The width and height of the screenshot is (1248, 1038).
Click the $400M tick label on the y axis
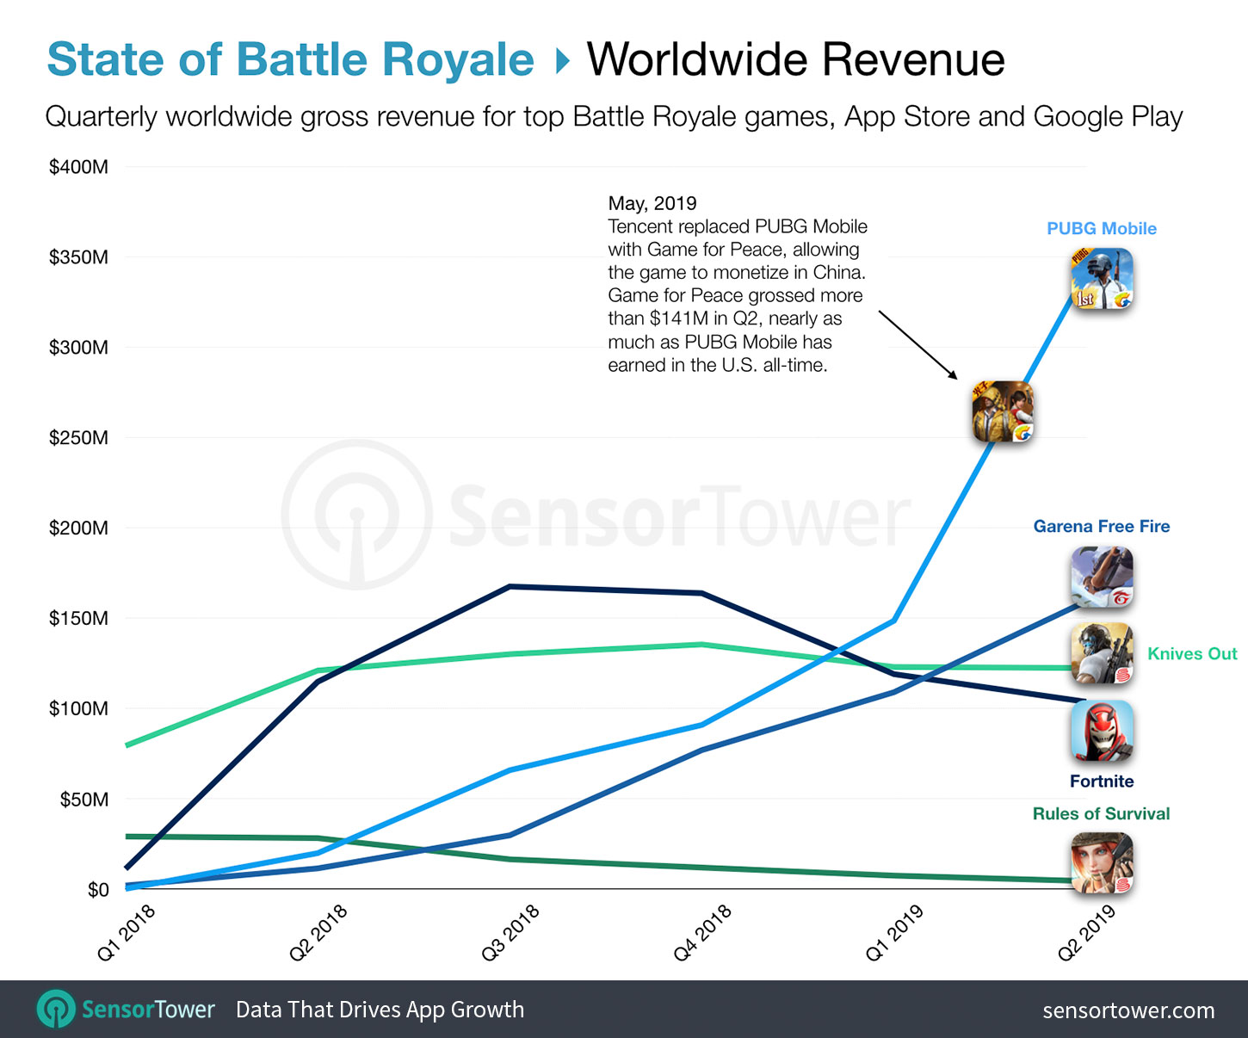pyautogui.click(x=78, y=167)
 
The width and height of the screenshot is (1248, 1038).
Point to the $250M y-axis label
pyautogui.click(x=78, y=437)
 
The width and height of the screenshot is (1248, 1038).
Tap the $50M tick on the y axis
pyautogui.click(x=83, y=799)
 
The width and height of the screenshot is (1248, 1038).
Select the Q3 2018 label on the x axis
pyautogui.click(x=510, y=932)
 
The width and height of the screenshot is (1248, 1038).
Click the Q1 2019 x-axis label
pyautogui.click(x=894, y=932)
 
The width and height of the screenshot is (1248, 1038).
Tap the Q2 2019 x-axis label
pyautogui.click(x=1086, y=932)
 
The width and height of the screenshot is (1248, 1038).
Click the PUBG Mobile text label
pyautogui.click(x=1101, y=229)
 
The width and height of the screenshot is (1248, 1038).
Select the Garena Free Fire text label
pyautogui.click(x=1101, y=526)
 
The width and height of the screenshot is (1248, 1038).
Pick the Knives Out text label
pyautogui.click(x=1192, y=653)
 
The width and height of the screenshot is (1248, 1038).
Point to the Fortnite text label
pyautogui.click(x=1101, y=781)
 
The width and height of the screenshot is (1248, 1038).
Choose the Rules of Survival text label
pyautogui.click(x=1101, y=813)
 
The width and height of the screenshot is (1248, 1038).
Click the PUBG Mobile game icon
pyautogui.click(x=1102, y=279)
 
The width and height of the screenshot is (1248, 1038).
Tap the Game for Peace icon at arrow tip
pyautogui.click(x=1003, y=411)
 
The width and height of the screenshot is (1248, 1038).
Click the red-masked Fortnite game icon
pyautogui.click(x=1102, y=731)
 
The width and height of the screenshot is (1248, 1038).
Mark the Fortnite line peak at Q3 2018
pyautogui.click(x=510, y=586)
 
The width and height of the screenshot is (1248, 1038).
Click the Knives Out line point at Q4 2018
pyautogui.click(x=702, y=644)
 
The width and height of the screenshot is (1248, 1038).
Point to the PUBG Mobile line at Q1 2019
pyautogui.click(x=895, y=620)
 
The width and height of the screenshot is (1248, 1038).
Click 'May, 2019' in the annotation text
pyautogui.click(x=652, y=203)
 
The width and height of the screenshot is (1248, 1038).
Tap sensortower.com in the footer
pyautogui.click(x=1128, y=1010)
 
